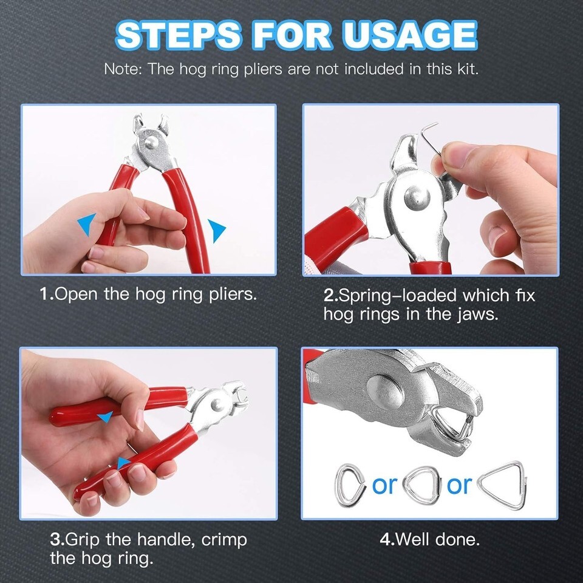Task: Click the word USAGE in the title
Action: (x=409, y=35)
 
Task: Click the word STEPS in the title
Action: (x=179, y=35)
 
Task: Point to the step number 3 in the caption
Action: (x=55, y=539)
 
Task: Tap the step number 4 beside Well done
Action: (x=385, y=539)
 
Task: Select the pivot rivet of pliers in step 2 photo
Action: (x=417, y=197)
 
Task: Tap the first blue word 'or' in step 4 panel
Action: (x=384, y=486)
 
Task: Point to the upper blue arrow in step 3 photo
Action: (x=106, y=417)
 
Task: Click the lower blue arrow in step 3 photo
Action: (x=123, y=463)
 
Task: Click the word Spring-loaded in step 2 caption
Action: (x=398, y=296)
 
